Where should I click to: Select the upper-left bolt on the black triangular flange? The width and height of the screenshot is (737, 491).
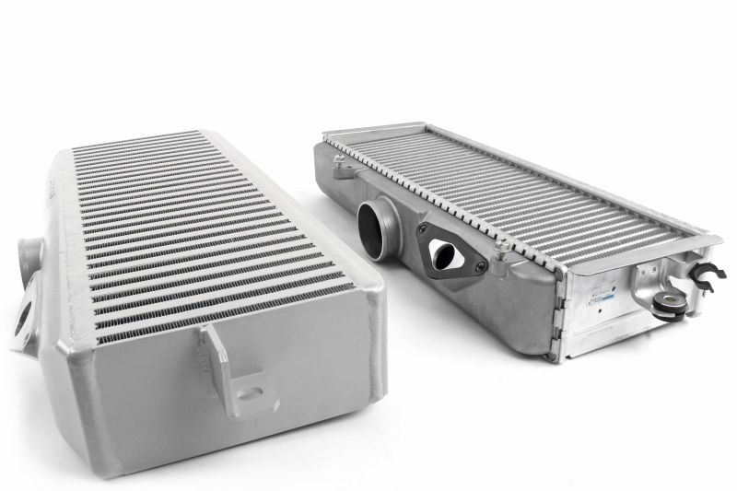[427, 228]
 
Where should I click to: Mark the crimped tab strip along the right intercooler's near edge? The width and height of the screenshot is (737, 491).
[442, 198]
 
